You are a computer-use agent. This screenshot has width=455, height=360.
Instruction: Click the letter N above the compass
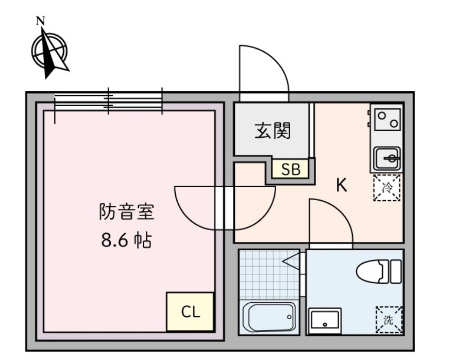click(40, 21)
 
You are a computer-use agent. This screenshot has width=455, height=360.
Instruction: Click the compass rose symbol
click(49, 52)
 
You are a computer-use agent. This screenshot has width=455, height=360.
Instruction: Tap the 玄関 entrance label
click(273, 131)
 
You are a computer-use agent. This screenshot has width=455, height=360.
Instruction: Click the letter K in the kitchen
click(341, 185)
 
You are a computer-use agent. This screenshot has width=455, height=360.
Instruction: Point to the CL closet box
click(190, 312)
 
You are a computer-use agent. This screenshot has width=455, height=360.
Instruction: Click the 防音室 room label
click(127, 212)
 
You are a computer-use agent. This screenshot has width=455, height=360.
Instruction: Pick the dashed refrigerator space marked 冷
click(387, 188)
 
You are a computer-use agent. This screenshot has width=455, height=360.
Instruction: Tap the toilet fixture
click(379, 271)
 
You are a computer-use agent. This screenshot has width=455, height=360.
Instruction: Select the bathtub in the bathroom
click(269, 317)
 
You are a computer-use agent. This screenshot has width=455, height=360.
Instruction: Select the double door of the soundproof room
click(225, 206)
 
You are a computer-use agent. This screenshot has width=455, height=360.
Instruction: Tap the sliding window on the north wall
click(108, 101)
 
